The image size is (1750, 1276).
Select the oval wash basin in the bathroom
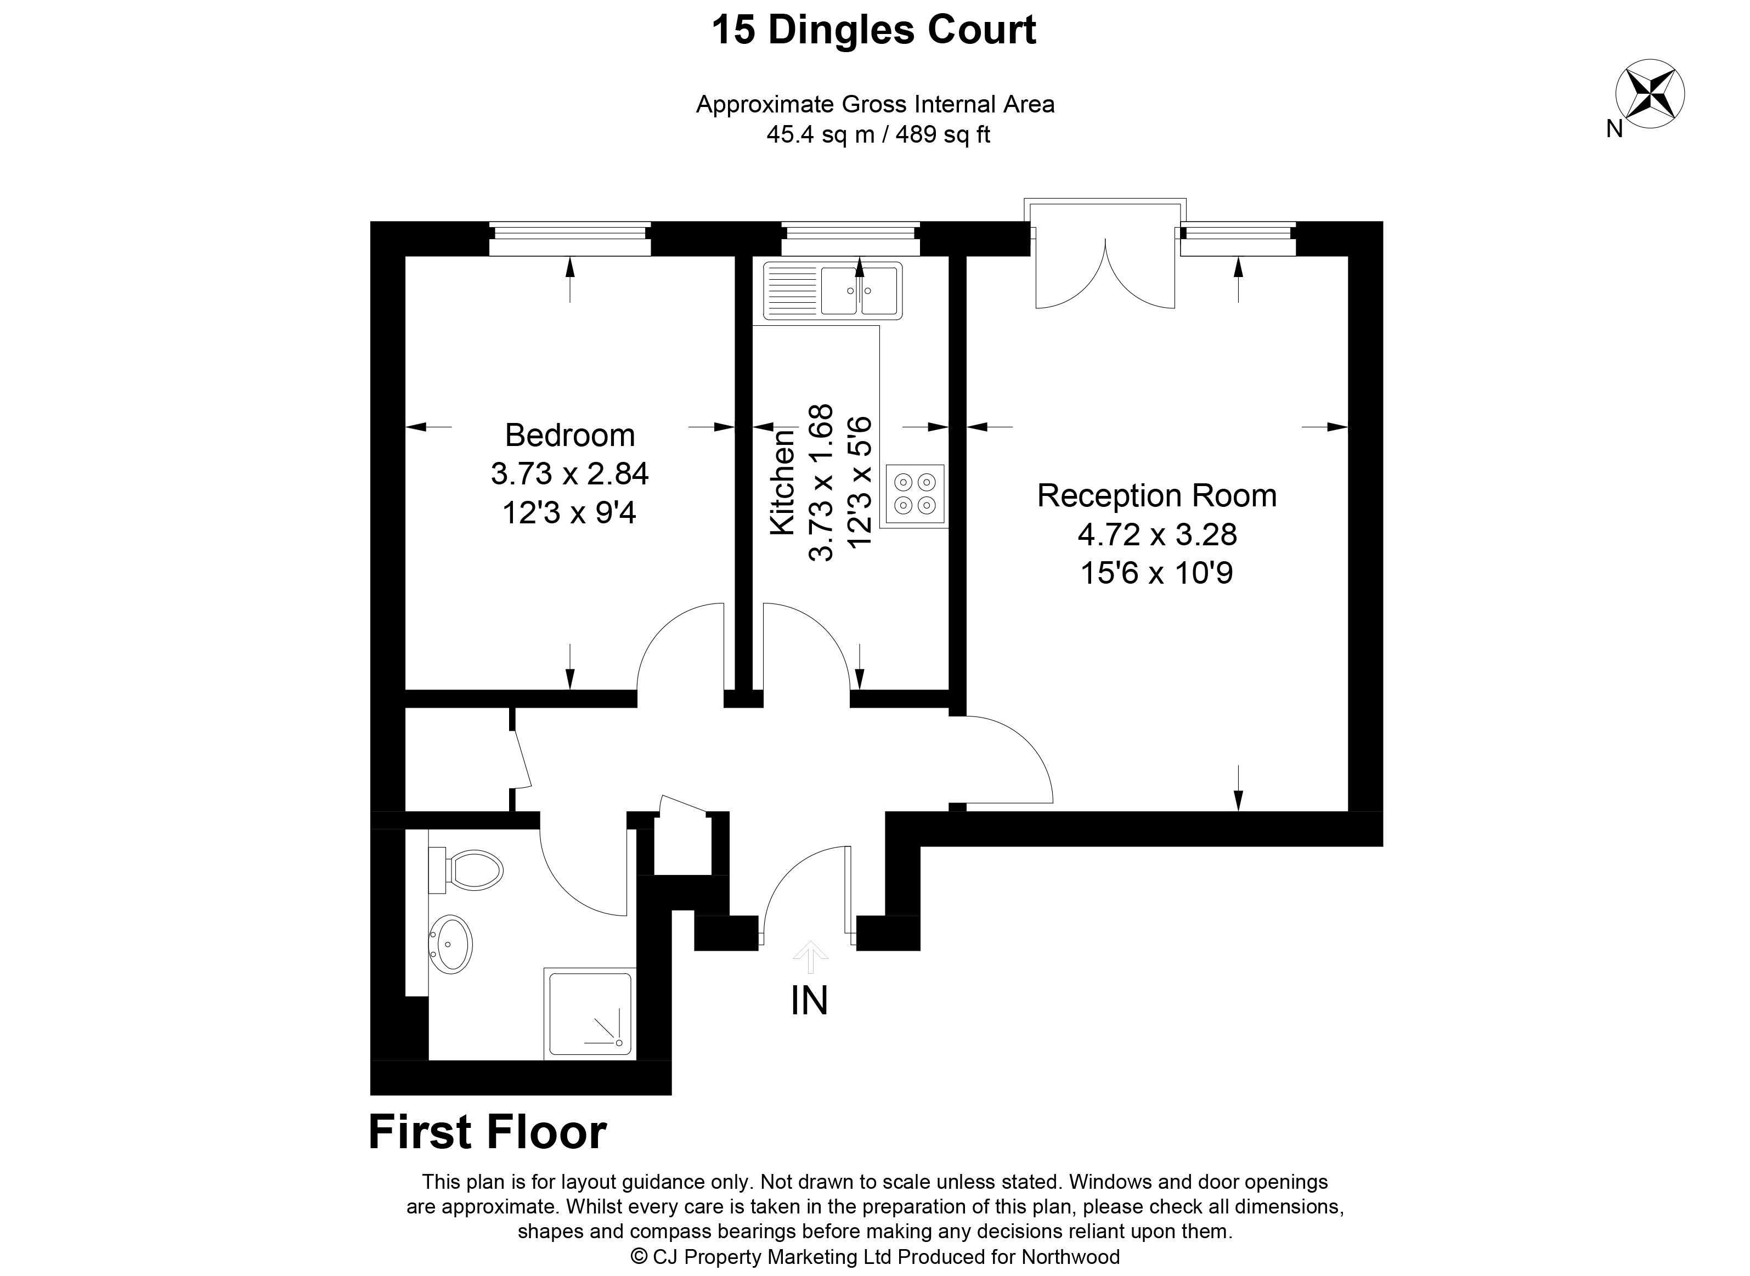[x=452, y=944]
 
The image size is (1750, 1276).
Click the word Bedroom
[x=570, y=436]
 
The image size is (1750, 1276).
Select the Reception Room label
[x=1156, y=496]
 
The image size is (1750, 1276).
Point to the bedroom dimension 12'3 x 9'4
[x=569, y=513]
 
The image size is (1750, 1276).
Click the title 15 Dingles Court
[x=873, y=31]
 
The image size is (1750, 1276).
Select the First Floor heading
[x=487, y=1132]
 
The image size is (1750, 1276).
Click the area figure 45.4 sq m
[x=820, y=135]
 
